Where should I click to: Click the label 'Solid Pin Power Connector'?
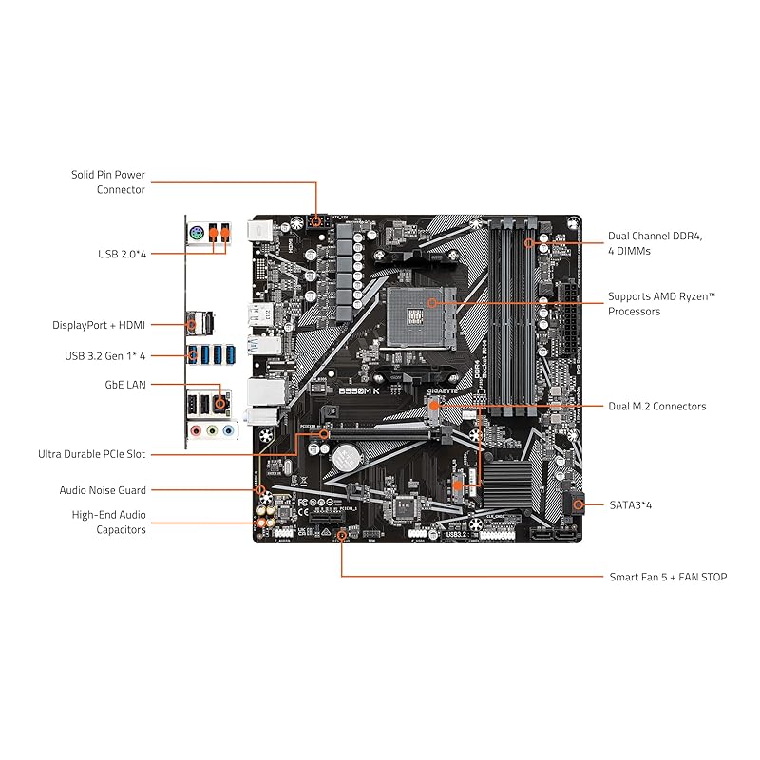pyautogui.click(x=107, y=181)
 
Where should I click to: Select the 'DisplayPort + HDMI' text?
pyautogui.click(x=99, y=325)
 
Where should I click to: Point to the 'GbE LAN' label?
pyautogui.click(x=123, y=385)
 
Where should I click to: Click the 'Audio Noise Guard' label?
pyautogui.click(x=103, y=490)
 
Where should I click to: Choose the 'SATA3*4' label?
pyautogui.click(x=631, y=505)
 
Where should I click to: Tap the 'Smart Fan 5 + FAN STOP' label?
pyautogui.click(x=668, y=577)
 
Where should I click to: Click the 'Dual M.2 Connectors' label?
pyautogui.click(x=656, y=407)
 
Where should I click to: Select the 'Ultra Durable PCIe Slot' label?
pyautogui.click(x=91, y=454)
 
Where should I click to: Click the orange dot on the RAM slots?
pyautogui.click(x=528, y=244)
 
